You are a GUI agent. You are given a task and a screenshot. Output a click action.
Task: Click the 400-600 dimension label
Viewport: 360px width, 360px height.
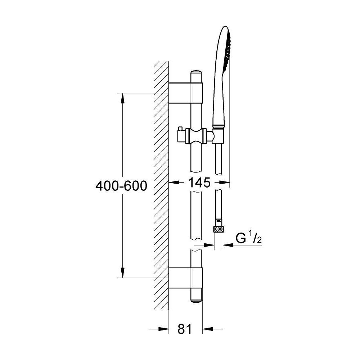[121, 186]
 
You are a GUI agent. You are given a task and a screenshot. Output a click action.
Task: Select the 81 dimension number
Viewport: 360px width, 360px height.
[184, 329]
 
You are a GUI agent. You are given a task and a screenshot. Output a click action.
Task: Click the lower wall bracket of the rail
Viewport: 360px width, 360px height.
[186, 278]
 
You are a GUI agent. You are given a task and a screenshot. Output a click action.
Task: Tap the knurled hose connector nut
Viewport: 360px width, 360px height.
[219, 229]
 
